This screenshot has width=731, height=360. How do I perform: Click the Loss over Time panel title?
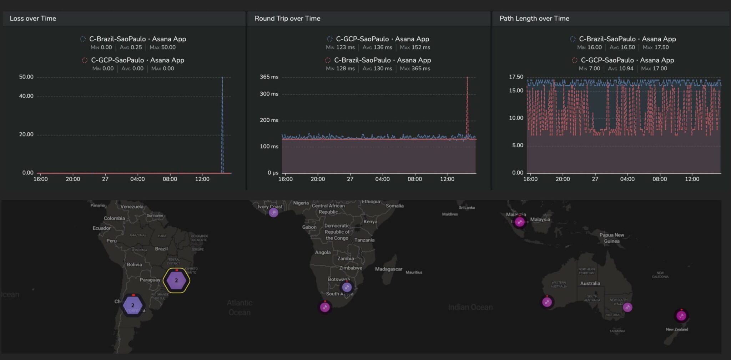coord(33,19)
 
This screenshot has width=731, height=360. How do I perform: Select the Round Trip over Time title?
coord(287,19)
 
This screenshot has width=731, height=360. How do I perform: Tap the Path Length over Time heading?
coord(534,19)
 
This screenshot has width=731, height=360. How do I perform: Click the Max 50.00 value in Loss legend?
coord(163,47)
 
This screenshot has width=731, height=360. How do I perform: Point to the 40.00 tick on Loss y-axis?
coord(26,96)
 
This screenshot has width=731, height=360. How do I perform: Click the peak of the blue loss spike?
coord(222,77)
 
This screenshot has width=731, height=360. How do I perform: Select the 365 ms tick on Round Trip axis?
coord(269,77)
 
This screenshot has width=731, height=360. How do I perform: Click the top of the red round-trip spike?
coord(467,77)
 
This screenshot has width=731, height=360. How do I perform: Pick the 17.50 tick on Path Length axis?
coord(516,77)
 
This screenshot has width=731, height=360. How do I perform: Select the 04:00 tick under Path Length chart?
coord(627,179)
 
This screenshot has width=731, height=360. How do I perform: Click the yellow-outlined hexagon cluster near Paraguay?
coord(176,280)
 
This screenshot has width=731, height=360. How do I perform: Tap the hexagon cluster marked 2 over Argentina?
coord(133,305)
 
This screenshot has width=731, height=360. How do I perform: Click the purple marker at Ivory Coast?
coord(273,213)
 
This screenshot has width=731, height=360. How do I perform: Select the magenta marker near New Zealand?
coord(681,316)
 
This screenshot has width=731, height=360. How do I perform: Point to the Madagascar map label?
coord(388,269)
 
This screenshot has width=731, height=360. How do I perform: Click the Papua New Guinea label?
coord(611,238)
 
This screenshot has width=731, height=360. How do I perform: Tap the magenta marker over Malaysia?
coord(519,222)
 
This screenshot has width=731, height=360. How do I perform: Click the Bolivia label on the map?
coord(134,264)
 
